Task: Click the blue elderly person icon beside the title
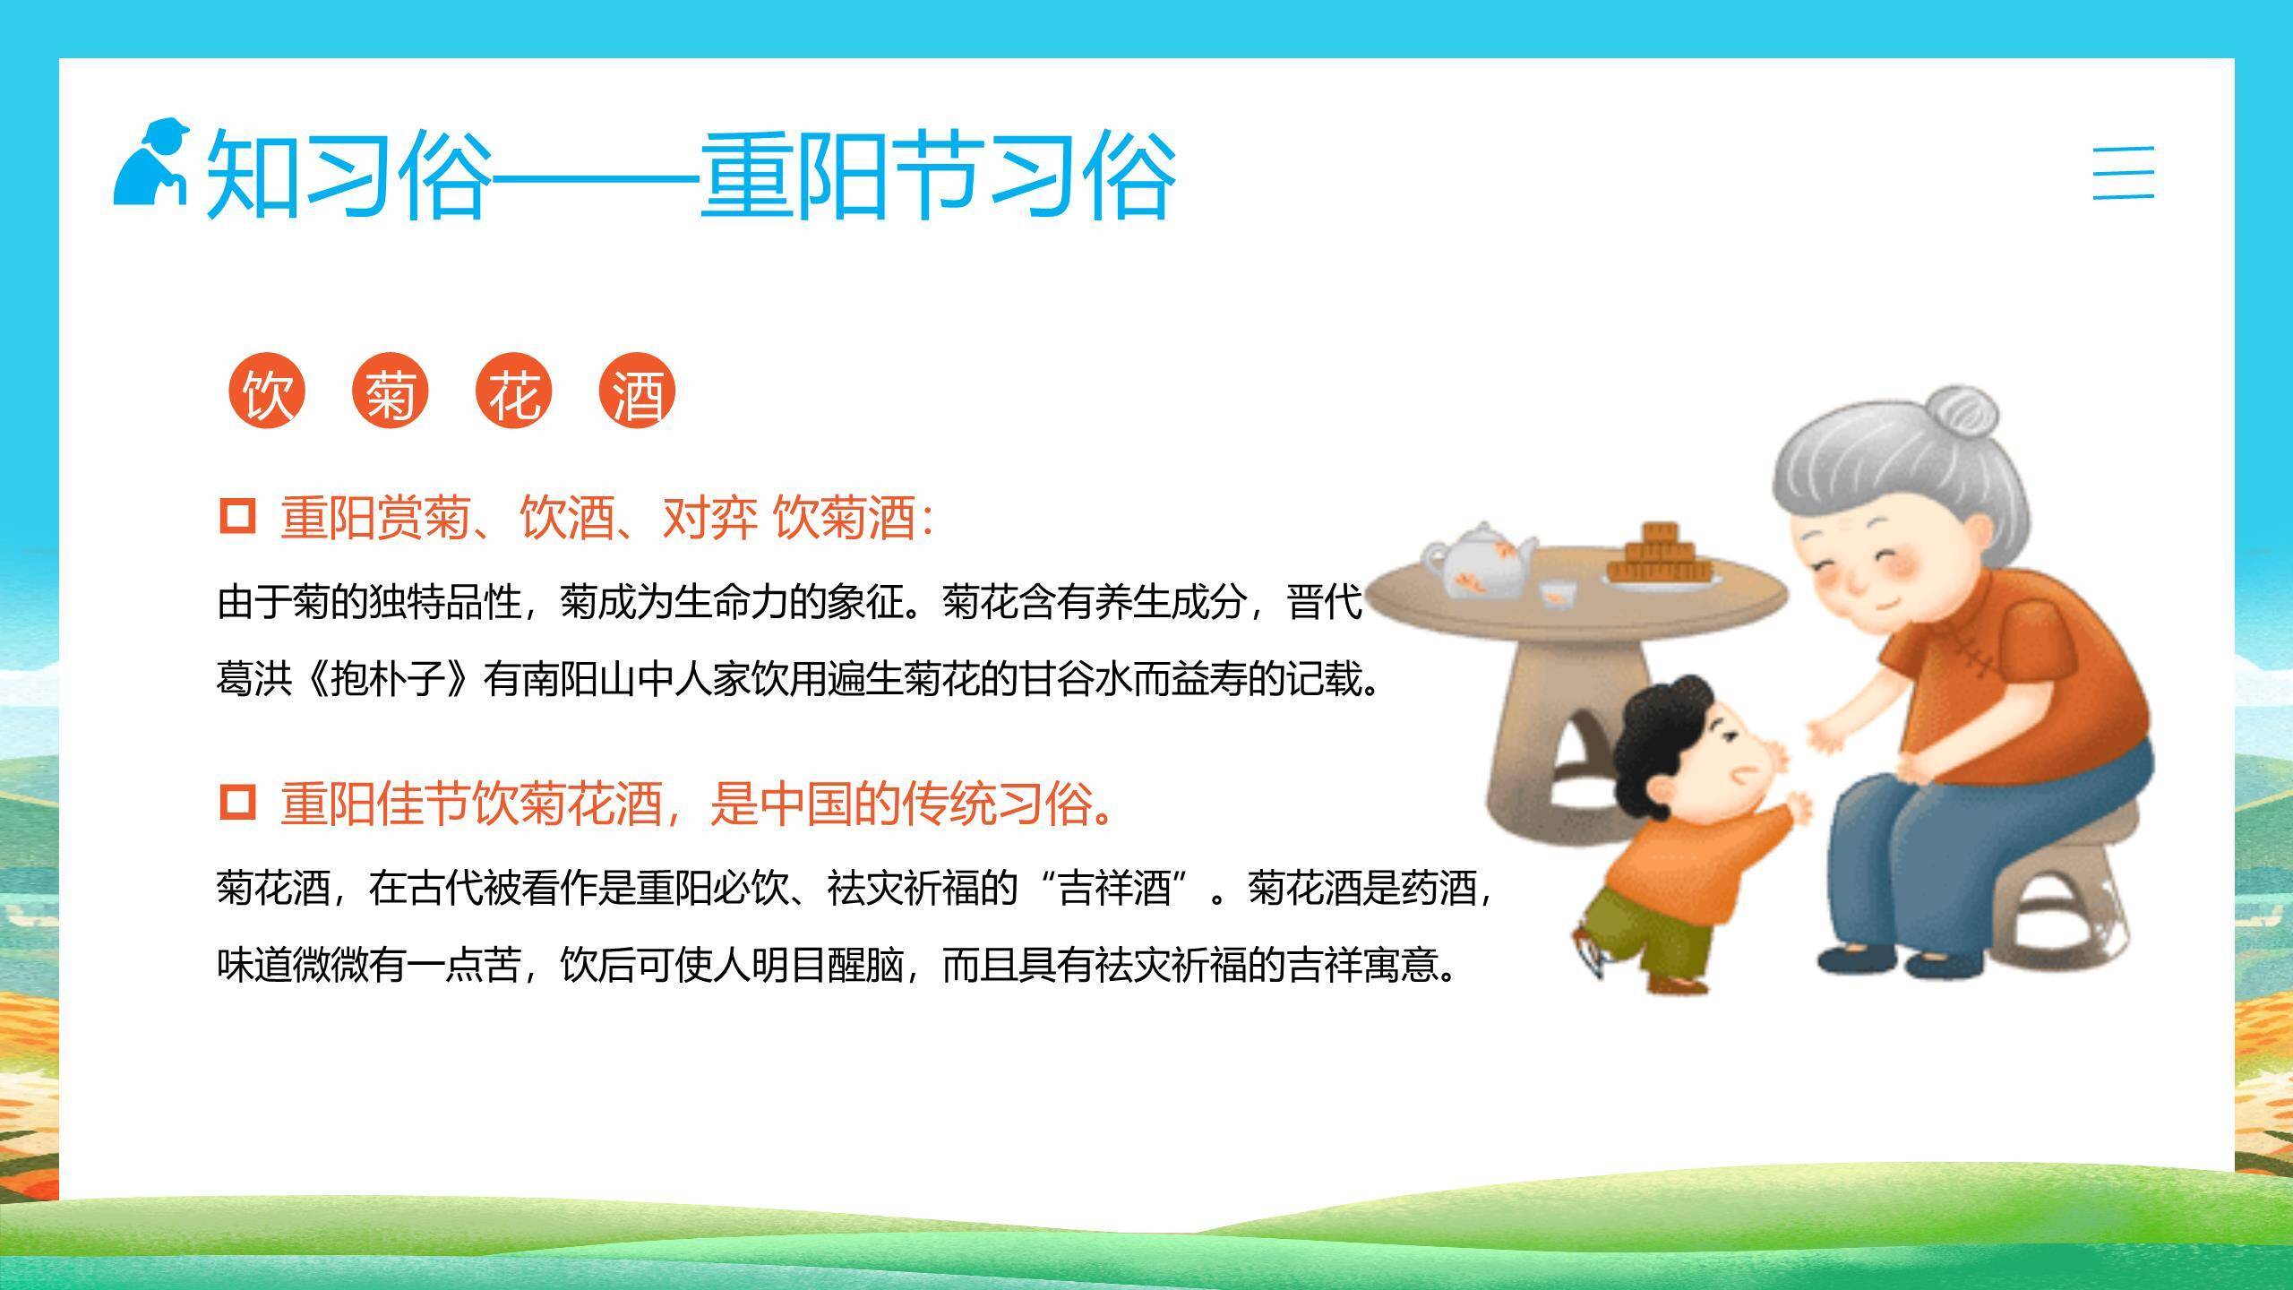150,162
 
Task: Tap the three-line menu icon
2123,173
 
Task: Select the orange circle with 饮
267,391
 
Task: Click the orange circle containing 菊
391,391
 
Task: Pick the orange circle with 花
514,391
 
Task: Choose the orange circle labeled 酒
637,391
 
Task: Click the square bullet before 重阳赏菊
237,517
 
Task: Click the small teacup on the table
1559,592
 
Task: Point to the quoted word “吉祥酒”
1115,888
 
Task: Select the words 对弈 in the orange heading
709,517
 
